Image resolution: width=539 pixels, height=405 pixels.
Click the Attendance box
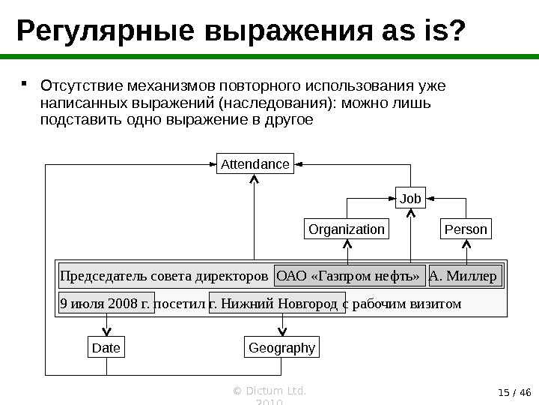point(255,163)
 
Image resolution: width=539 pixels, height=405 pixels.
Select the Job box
point(410,199)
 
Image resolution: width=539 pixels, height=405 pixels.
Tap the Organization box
point(346,229)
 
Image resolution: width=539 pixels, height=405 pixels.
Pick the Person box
point(466,229)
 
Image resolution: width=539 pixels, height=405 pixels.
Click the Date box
point(106,348)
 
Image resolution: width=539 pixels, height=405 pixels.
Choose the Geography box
point(281,348)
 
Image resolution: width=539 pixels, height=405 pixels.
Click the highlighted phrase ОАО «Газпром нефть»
point(350,276)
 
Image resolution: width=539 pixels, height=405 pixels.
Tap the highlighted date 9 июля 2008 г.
point(106,304)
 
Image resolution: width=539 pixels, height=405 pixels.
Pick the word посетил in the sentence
point(180,304)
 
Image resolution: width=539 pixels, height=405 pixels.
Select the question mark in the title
point(456,31)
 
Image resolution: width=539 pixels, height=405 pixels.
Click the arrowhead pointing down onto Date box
point(106,334)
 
